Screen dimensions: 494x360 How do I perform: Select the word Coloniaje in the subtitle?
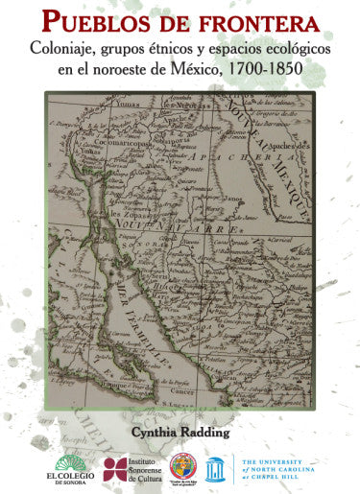point(68,45)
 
